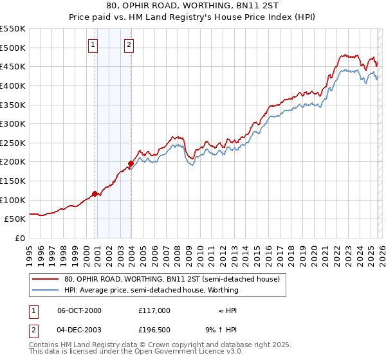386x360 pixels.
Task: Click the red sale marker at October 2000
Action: (95, 193)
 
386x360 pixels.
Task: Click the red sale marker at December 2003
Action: (131, 163)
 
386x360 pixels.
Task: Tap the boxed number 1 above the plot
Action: (94, 44)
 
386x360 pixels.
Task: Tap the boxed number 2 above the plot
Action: (129, 44)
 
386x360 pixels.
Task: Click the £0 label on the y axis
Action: (21, 238)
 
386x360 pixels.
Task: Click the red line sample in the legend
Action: (46, 280)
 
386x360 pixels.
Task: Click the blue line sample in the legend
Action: (46, 291)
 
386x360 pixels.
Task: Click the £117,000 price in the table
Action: (154, 310)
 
